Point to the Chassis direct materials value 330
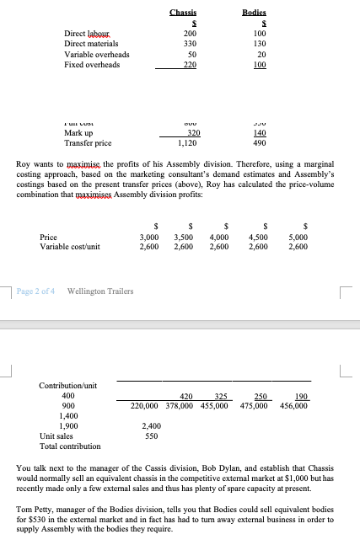click(x=190, y=43)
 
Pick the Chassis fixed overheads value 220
click(x=190, y=64)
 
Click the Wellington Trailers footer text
click(x=99, y=291)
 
